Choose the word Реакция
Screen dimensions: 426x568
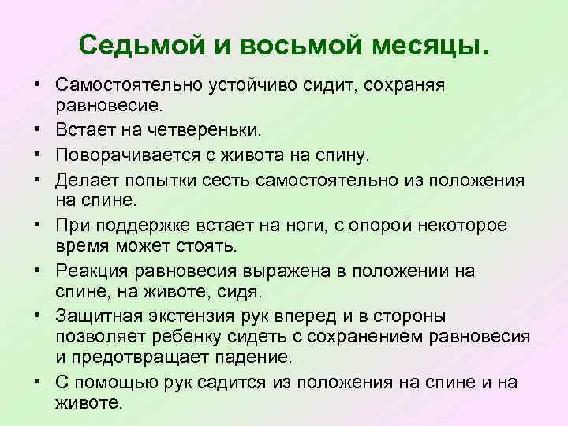pos(94,271)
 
